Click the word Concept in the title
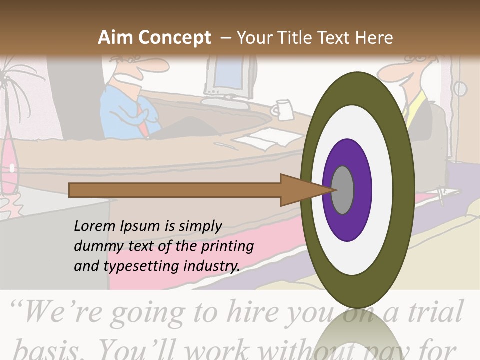coord(174,38)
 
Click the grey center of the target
coord(343,190)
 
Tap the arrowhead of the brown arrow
coord(300,190)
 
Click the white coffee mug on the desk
coord(283,109)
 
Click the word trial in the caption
coord(432,312)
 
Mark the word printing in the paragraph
coord(227,246)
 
